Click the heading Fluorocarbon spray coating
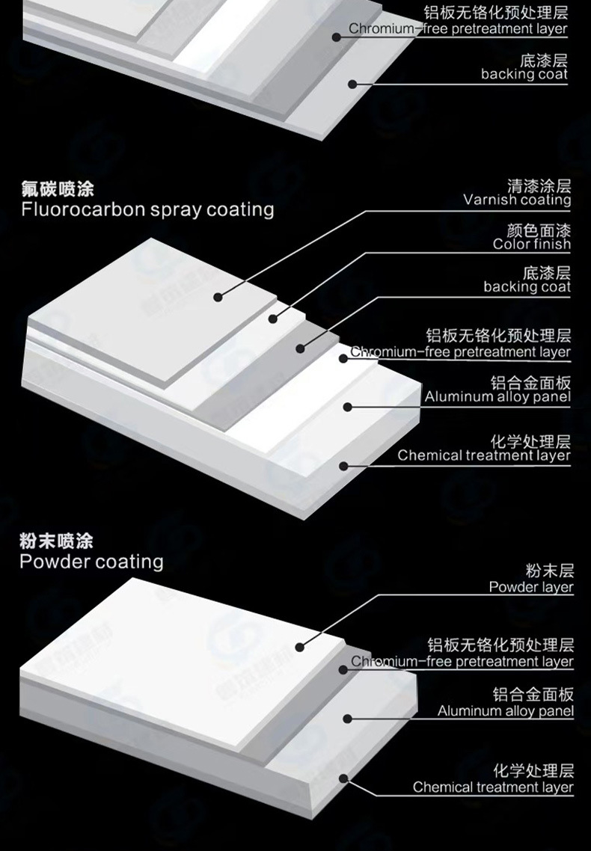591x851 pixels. tap(147, 209)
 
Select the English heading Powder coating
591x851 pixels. tap(91, 561)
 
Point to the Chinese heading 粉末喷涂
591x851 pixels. tap(56, 541)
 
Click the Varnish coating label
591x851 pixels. tap(517, 200)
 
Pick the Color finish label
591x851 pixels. tap(531, 244)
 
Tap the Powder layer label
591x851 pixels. tap(531, 587)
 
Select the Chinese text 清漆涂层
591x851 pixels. tap(539, 185)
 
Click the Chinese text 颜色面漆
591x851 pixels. tap(539, 230)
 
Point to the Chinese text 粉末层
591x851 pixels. tap(549, 572)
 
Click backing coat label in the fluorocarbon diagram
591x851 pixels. tap(527, 286)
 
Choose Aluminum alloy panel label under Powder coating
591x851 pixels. tap(506, 710)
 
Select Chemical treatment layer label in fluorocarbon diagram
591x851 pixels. tap(484, 455)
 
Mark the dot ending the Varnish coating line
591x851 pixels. tap(218, 297)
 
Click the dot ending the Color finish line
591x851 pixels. tap(273, 319)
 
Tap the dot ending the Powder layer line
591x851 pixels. tap(299, 648)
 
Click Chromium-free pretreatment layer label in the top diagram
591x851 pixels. tap(458, 29)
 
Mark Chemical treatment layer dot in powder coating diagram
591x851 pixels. tap(343, 778)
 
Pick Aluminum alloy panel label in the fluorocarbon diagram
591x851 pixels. tap(497, 396)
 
